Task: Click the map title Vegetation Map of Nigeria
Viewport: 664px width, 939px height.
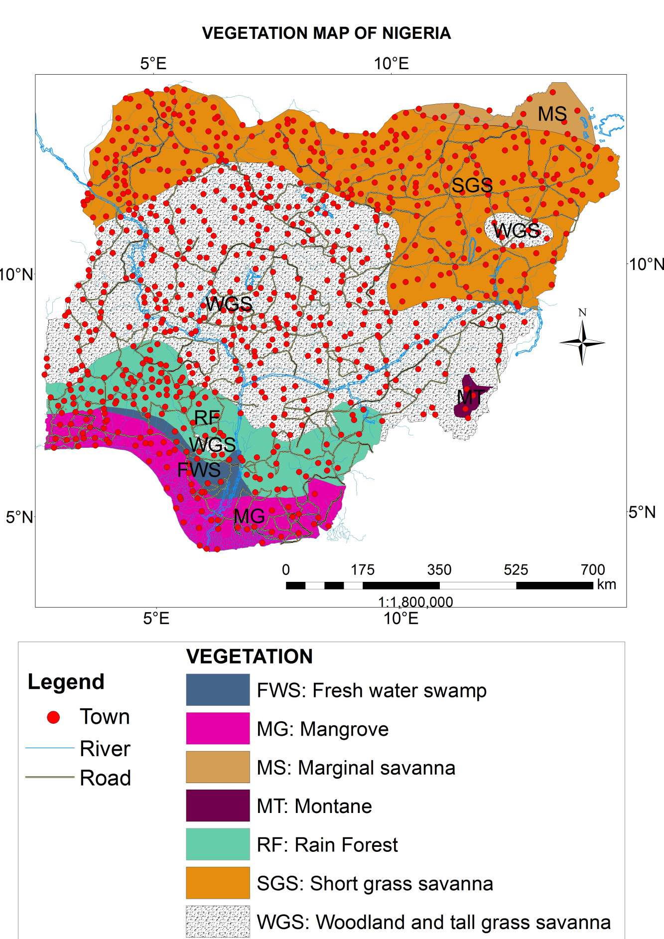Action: pyautogui.click(x=326, y=33)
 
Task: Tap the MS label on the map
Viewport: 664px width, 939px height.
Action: pyautogui.click(x=552, y=114)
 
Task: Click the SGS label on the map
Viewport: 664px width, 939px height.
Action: pyautogui.click(x=472, y=185)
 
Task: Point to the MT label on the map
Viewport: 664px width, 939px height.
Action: pyautogui.click(x=470, y=397)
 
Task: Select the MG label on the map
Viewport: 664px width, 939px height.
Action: pyautogui.click(x=249, y=516)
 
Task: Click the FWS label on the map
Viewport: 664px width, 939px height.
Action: pyautogui.click(x=199, y=470)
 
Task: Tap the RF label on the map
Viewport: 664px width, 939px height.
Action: pyautogui.click(x=207, y=417)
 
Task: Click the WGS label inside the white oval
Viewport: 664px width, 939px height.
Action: pyautogui.click(x=517, y=231)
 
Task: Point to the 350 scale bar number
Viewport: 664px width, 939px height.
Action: pyautogui.click(x=439, y=569)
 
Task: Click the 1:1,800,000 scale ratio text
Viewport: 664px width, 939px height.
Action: pyautogui.click(x=415, y=602)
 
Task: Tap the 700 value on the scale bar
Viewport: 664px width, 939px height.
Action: pyautogui.click(x=592, y=569)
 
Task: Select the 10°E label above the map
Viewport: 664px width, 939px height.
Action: pyautogui.click(x=391, y=64)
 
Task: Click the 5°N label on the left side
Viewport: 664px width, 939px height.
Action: pyautogui.click(x=19, y=517)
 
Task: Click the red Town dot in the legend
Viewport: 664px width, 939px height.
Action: pyautogui.click(x=53, y=717)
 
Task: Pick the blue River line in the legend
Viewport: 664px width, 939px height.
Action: pyautogui.click(x=50, y=748)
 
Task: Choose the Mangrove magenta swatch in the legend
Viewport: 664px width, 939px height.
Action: pyautogui.click(x=218, y=728)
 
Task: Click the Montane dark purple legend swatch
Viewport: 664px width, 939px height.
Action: pyautogui.click(x=218, y=805)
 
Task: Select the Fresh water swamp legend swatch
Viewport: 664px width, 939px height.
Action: pyautogui.click(x=218, y=690)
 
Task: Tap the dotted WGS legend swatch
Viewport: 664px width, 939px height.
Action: pyautogui.click(x=218, y=921)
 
